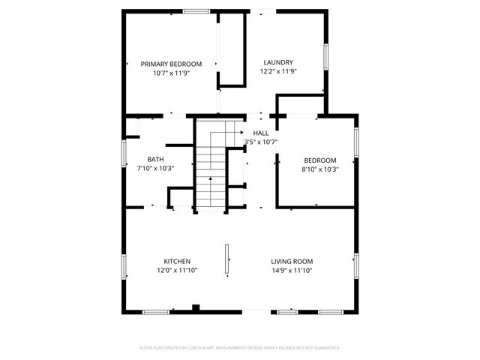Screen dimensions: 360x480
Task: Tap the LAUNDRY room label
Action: coord(277,62)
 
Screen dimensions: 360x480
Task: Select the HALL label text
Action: coord(260,132)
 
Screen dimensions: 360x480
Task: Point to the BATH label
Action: coord(155,159)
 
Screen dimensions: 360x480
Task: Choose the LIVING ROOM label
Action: coord(292,261)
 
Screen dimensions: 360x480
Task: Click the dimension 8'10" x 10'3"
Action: coord(319,169)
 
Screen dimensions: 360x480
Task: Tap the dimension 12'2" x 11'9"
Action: coord(278,72)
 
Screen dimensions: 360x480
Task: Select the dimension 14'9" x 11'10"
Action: coord(292,271)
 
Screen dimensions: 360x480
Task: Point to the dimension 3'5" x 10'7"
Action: coord(261,142)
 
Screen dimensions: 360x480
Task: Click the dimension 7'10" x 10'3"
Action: coord(155,169)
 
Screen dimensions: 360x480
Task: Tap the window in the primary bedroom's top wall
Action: coord(196,11)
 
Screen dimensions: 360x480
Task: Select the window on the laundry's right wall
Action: coord(325,56)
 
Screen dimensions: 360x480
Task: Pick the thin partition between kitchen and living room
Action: coord(226,259)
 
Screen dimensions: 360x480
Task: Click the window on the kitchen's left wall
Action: coord(124,266)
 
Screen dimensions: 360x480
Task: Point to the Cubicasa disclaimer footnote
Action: coord(240,348)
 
